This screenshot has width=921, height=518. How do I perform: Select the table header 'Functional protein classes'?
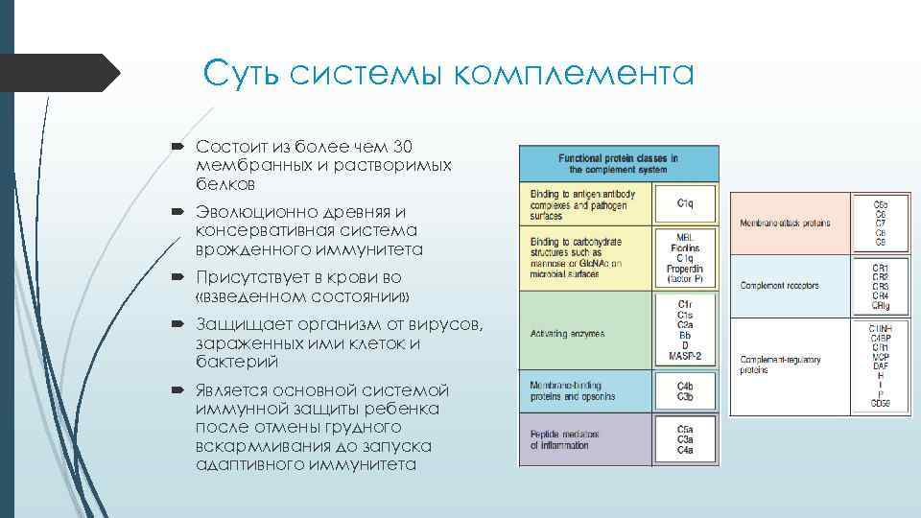(x=618, y=163)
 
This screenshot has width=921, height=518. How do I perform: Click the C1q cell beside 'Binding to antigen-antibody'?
(x=685, y=202)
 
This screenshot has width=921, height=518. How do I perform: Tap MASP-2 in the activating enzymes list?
(x=685, y=357)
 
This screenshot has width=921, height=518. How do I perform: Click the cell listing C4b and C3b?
(x=685, y=390)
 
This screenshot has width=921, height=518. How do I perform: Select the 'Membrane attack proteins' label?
(x=785, y=224)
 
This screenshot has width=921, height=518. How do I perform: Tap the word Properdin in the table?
(x=685, y=269)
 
